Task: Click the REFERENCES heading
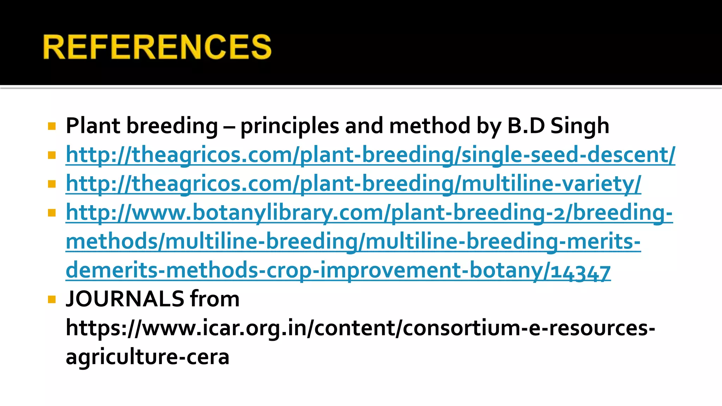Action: coord(157,47)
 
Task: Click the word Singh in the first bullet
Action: coord(580,126)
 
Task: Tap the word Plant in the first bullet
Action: coord(93,126)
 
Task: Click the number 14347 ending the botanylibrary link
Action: coord(580,271)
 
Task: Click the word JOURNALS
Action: coord(125,299)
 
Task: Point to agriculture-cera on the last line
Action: coord(147,357)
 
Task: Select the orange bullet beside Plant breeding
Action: coord(52,126)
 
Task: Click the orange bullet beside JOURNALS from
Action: coord(52,300)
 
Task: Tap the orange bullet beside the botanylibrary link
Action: coord(52,213)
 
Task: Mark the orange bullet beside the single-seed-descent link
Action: coord(52,155)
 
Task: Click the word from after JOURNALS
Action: coord(215,299)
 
